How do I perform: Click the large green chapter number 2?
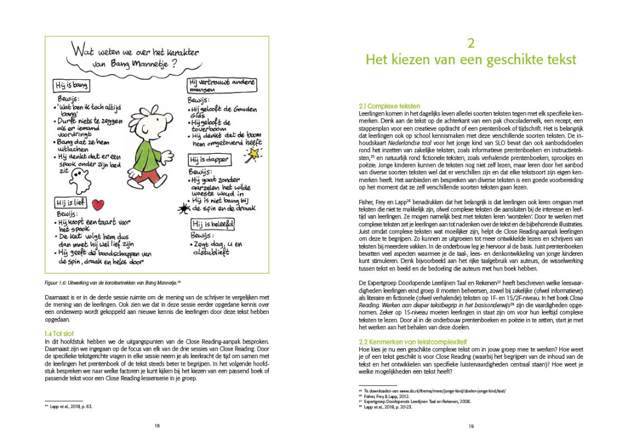tap(470, 42)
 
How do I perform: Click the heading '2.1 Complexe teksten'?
tap(385, 106)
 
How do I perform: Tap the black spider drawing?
tap(183, 208)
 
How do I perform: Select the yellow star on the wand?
tap(250, 152)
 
